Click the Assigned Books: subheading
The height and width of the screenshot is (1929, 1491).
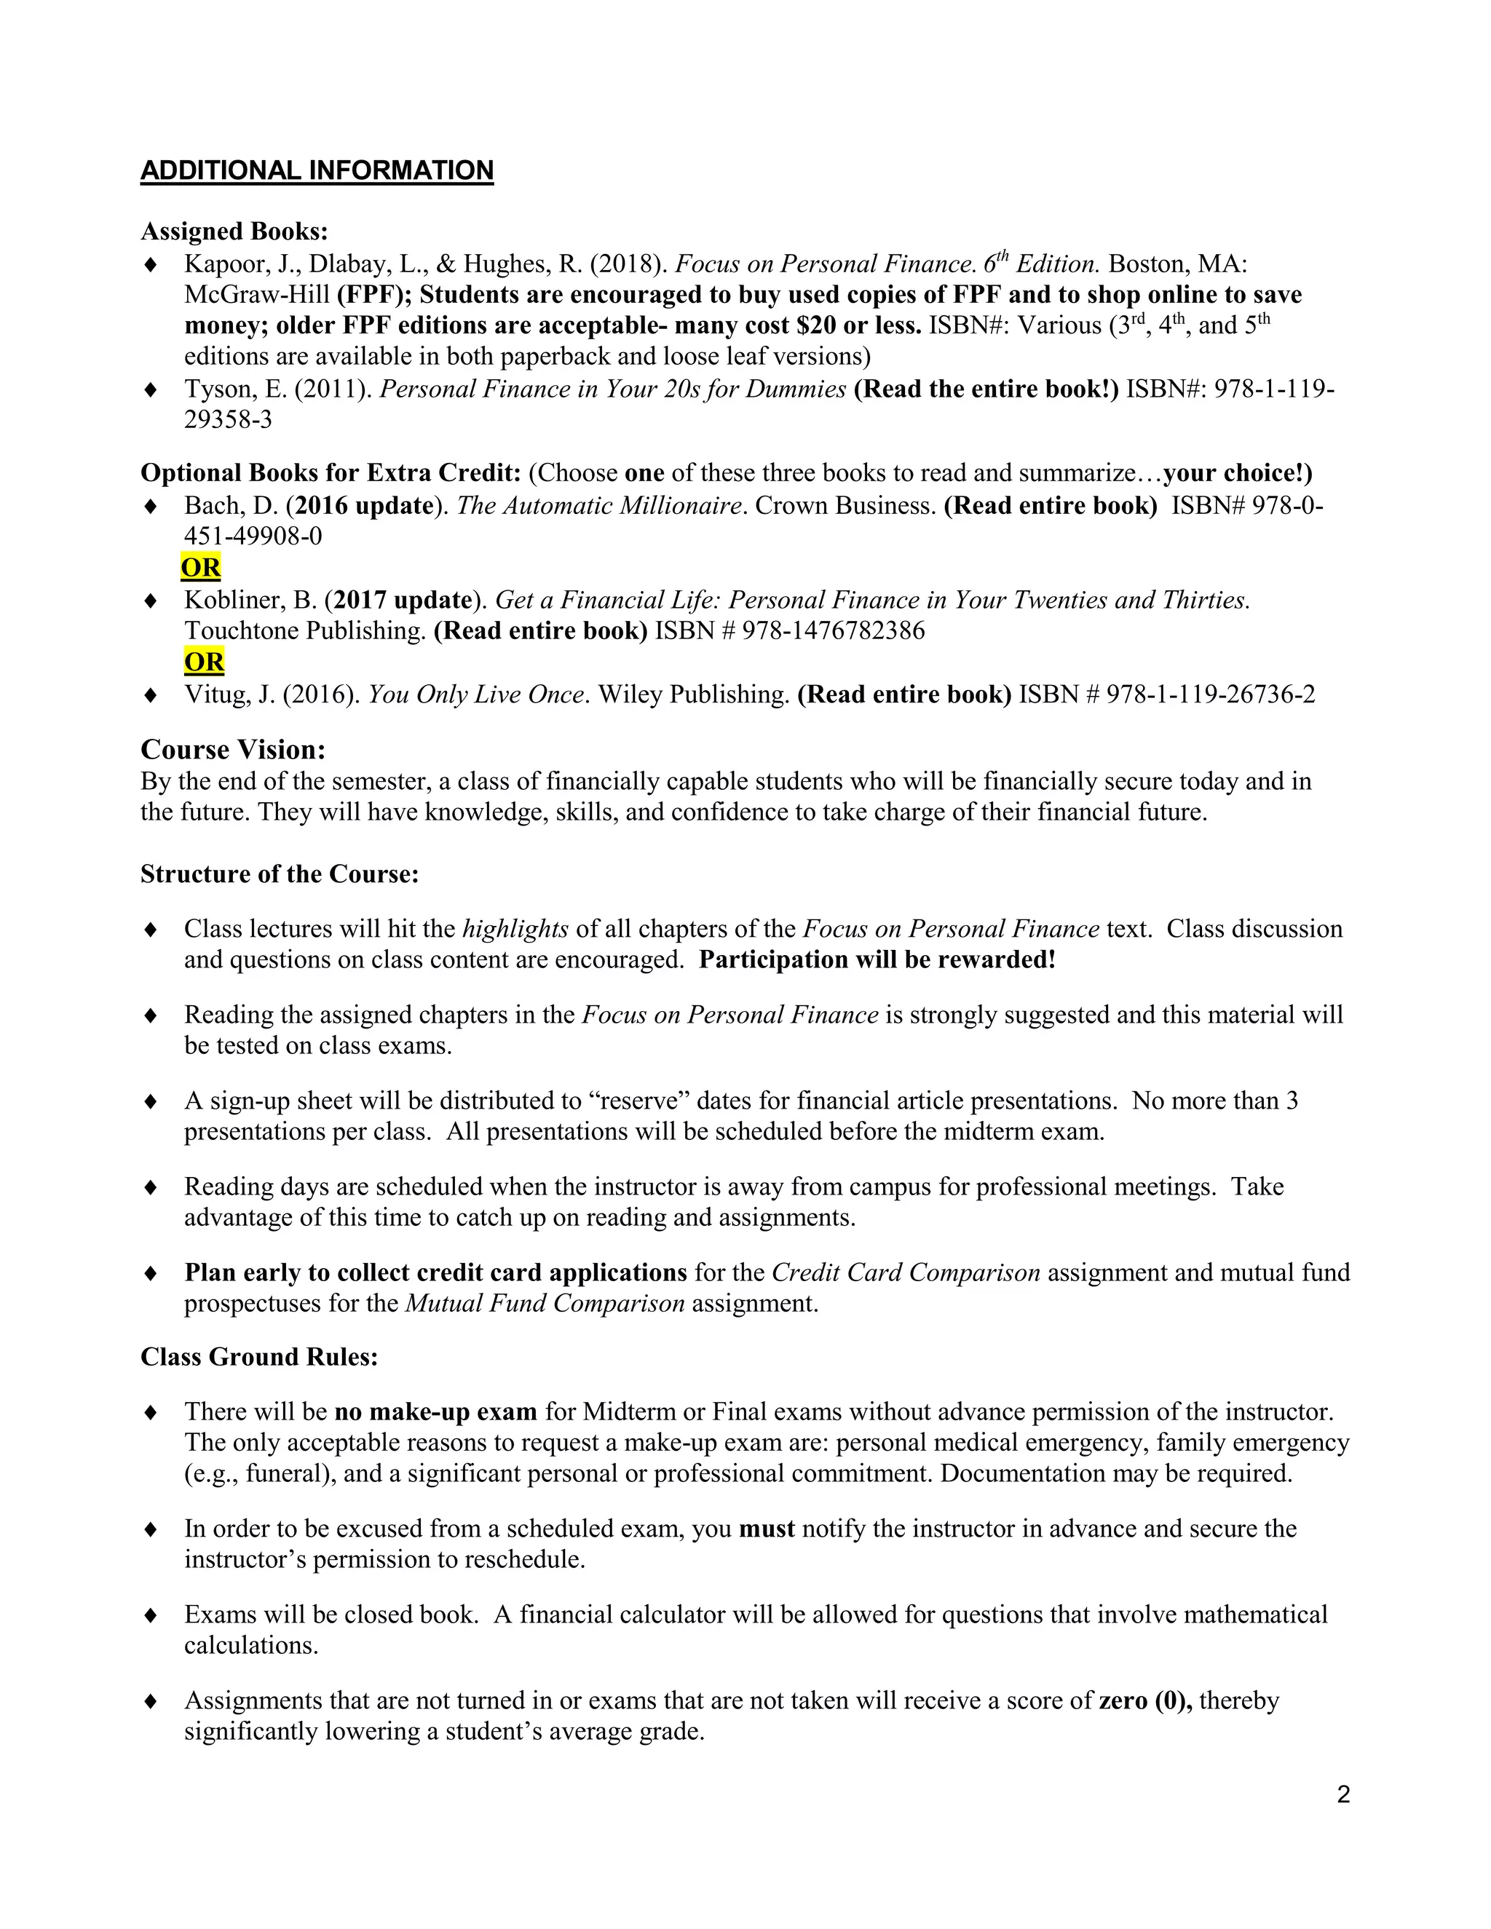[x=234, y=231]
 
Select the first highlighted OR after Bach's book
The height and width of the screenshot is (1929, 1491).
[x=200, y=567]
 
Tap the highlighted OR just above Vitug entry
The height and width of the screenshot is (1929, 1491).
[x=204, y=662]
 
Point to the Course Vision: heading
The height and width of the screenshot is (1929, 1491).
[x=233, y=750]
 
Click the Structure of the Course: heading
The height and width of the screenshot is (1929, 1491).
[x=279, y=874]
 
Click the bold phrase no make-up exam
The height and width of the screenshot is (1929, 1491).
[x=435, y=1411]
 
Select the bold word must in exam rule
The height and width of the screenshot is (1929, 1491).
[x=766, y=1529]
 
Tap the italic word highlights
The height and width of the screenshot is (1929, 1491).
[x=515, y=929]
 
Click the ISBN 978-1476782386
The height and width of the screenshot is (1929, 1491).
[x=833, y=630]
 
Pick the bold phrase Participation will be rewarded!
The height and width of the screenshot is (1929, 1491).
[x=877, y=960]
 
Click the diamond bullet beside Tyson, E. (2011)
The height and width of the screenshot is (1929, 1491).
[x=151, y=389]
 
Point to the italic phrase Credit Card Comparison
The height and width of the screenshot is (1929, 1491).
[x=906, y=1272]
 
